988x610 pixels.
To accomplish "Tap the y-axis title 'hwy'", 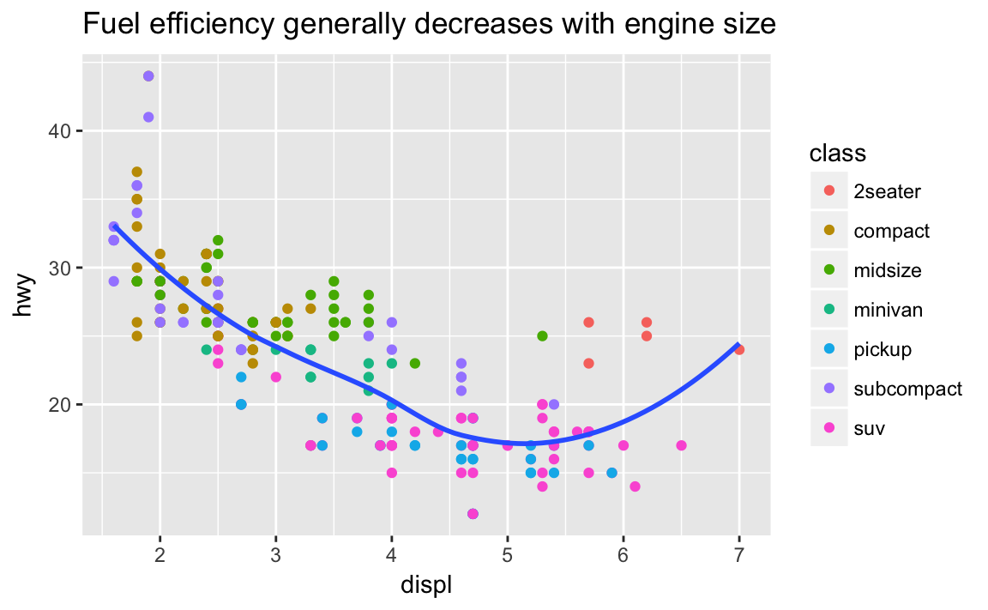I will coord(26,301).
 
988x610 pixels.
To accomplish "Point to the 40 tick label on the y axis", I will coord(60,131).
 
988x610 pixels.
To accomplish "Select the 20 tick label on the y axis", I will coord(60,405).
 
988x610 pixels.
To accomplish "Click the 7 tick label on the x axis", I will coord(738,551).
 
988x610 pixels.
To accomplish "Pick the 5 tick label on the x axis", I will coord(507,551).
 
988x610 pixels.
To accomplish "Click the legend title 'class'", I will coord(837,154).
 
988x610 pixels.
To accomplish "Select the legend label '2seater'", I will coord(887,191).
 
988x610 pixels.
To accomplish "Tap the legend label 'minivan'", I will coord(888,310).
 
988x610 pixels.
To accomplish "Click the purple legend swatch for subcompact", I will coord(828,389).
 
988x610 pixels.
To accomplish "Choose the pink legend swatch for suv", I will coord(828,428).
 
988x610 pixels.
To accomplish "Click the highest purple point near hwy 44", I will coord(148,76).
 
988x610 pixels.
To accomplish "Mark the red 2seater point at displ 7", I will coord(739,350).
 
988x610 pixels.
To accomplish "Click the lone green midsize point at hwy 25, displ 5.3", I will coord(542,335).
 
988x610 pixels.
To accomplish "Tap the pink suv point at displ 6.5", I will coord(681,445).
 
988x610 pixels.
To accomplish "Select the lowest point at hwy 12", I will coord(473,514).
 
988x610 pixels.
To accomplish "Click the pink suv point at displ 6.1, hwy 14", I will coord(635,486).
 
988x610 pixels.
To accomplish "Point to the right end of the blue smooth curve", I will coord(738,345).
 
